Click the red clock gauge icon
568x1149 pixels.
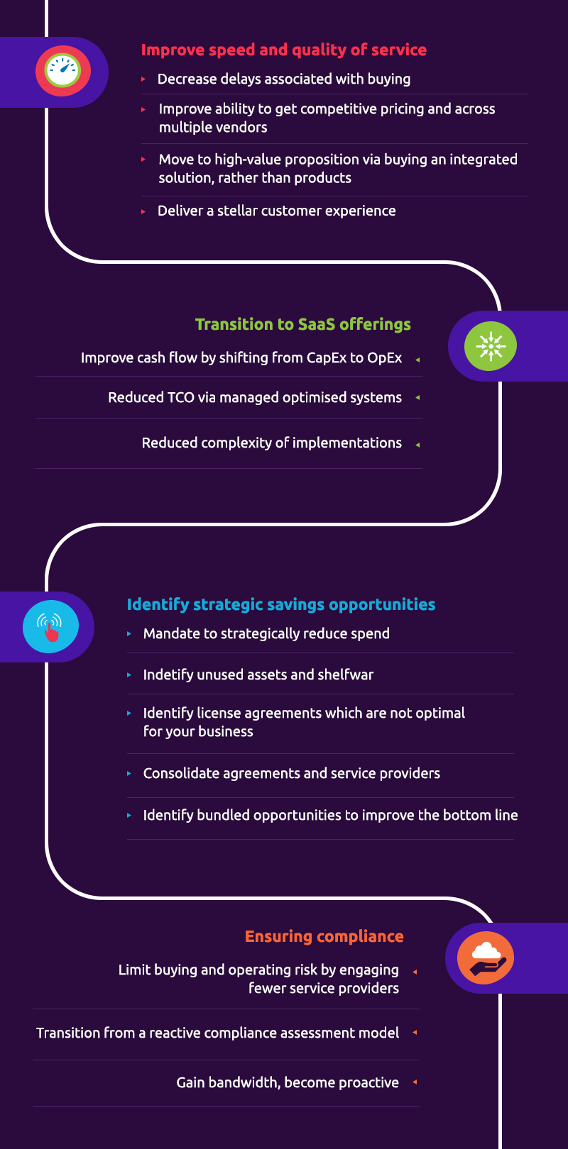coord(63,71)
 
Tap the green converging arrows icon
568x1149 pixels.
coord(491,346)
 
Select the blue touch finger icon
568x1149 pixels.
coord(50,627)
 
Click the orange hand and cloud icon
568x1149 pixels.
coord(486,957)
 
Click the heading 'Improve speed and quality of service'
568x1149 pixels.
coord(283,50)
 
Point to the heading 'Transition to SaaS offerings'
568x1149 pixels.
coord(303,324)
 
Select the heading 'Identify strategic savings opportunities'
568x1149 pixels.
coord(281,604)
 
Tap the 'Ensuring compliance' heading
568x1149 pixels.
coord(324,936)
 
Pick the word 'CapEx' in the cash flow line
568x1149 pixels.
coord(327,357)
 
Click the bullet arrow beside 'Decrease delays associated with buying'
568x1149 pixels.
coord(143,79)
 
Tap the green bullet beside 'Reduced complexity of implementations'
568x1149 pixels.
coord(417,445)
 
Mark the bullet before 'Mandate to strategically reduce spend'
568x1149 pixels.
coord(129,633)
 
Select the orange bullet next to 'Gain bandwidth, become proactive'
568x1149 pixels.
coord(415,1082)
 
